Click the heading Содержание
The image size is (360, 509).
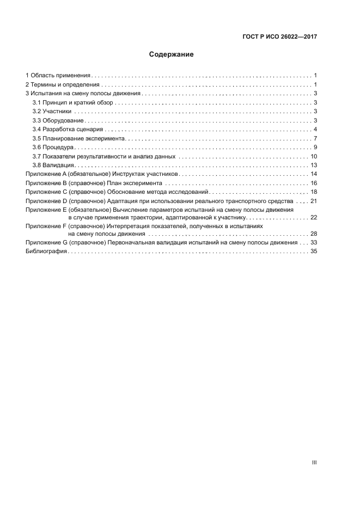[x=172, y=55]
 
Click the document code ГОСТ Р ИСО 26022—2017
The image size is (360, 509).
[x=279, y=38]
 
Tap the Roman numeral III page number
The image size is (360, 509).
[x=314, y=462]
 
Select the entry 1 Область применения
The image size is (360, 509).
[x=58, y=75]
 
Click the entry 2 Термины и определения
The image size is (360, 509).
[x=63, y=84]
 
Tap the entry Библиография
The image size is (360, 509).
[x=46, y=252]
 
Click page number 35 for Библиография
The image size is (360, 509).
[x=314, y=252]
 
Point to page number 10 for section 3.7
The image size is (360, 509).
[x=314, y=156]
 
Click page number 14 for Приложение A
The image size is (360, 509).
[x=314, y=174]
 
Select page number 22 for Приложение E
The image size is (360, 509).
[x=314, y=217]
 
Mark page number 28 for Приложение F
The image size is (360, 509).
[x=314, y=234]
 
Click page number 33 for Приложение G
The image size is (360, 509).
[x=314, y=242]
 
